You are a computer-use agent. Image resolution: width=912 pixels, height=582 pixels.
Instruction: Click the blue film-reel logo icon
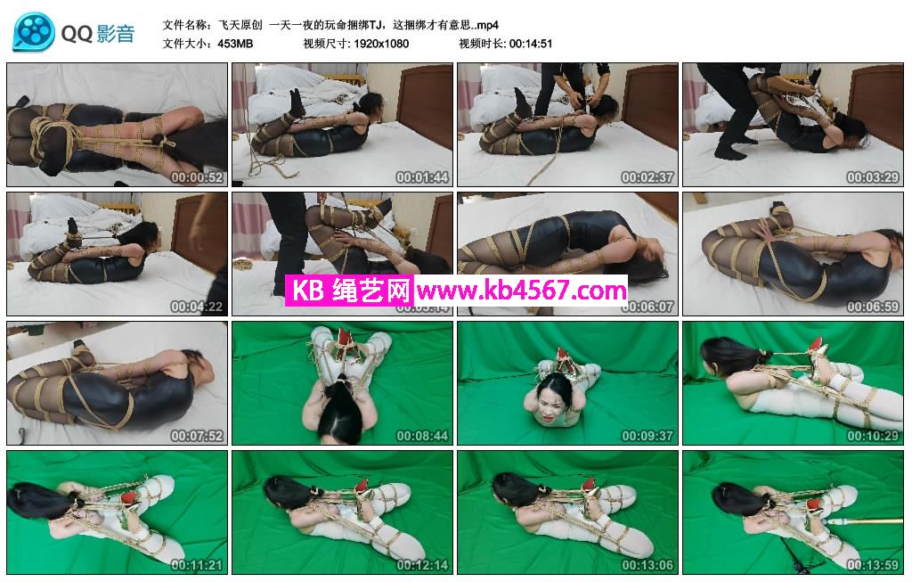(x=34, y=31)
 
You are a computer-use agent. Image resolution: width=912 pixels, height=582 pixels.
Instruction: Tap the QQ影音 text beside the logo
(x=98, y=34)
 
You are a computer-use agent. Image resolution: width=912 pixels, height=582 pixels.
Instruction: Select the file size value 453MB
(x=235, y=44)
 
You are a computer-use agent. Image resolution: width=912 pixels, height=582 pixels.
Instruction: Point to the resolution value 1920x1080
(x=381, y=44)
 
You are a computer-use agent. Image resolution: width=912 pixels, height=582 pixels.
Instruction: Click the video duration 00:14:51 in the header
(x=531, y=44)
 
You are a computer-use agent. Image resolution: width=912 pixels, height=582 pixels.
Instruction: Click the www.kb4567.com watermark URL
(x=522, y=290)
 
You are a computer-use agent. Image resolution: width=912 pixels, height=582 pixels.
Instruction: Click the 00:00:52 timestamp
(x=197, y=177)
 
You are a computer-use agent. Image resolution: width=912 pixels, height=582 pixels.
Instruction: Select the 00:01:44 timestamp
(x=422, y=177)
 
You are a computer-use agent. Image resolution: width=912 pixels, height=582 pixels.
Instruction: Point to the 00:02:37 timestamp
(x=647, y=177)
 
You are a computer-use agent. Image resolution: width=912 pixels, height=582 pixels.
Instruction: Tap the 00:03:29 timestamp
(x=873, y=177)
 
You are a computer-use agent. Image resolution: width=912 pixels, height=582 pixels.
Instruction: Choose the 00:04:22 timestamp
(x=197, y=306)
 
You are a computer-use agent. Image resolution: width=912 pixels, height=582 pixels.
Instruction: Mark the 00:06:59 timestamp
(x=873, y=306)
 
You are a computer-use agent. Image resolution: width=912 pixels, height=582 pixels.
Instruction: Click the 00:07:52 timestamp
(x=197, y=435)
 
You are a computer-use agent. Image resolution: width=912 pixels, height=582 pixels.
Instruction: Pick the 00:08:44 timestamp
(x=422, y=435)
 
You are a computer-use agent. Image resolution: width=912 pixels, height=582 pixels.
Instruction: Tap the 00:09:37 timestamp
(x=647, y=435)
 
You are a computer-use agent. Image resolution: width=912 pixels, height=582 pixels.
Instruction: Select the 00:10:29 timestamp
(x=873, y=435)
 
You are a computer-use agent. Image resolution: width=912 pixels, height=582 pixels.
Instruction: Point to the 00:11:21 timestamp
(x=197, y=564)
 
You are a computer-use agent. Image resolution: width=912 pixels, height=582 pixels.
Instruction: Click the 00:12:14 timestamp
(x=422, y=564)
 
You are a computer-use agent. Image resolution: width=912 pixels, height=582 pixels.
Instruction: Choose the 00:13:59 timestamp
(x=873, y=564)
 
